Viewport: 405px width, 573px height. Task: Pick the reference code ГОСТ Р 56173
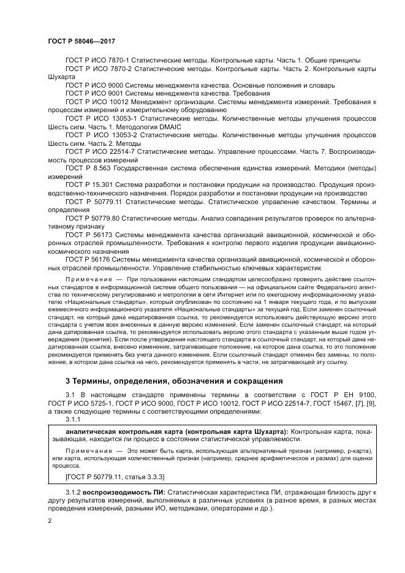89,234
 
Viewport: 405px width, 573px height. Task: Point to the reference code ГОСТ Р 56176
89,259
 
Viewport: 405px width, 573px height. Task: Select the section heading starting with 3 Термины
165,380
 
